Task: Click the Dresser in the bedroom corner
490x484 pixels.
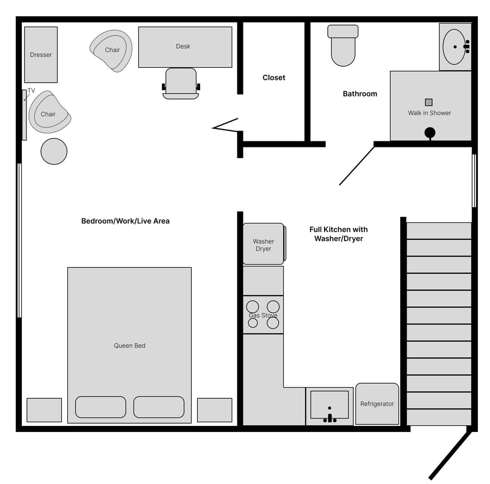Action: [x=41, y=55]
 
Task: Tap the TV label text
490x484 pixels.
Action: [x=31, y=91]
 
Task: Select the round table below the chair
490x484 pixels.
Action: [x=54, y=151]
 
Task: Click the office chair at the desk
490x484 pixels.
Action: [x=181, y=83]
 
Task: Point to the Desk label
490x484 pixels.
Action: [x=183, y=46]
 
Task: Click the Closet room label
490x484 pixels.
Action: [x=274, y=78]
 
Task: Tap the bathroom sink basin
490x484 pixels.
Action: [x=454, y=46]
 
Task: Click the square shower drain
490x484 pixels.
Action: [x=429, y=102]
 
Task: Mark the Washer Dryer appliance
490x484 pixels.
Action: [x=263, y=244]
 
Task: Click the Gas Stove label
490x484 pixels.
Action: [x=263, y=315]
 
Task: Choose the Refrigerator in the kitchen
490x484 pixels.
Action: [x=377, y=404]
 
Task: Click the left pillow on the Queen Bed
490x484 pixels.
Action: [x=101, y=407]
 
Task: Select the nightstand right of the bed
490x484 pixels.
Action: [x=214, y=410]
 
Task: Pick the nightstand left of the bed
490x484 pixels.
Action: [x=44, y=410]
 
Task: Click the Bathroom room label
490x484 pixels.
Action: [x=360, y=94]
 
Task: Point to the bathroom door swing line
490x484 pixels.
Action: [x=357, y=166]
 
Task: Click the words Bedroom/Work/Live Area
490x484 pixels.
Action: [x=126, y=221]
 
